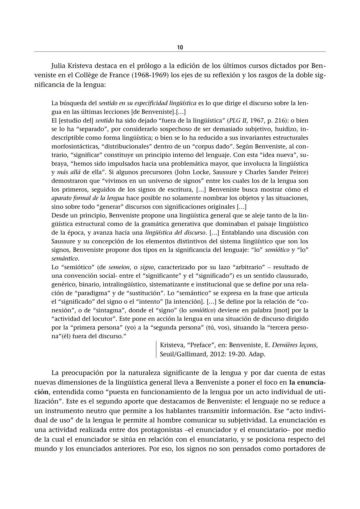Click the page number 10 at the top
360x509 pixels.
pyautogui.click(x=180, y=47)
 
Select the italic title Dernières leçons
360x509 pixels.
pyautogui.click(x=295, y=345)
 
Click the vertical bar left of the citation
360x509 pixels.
pyautogui.click(x=156, y=350)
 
